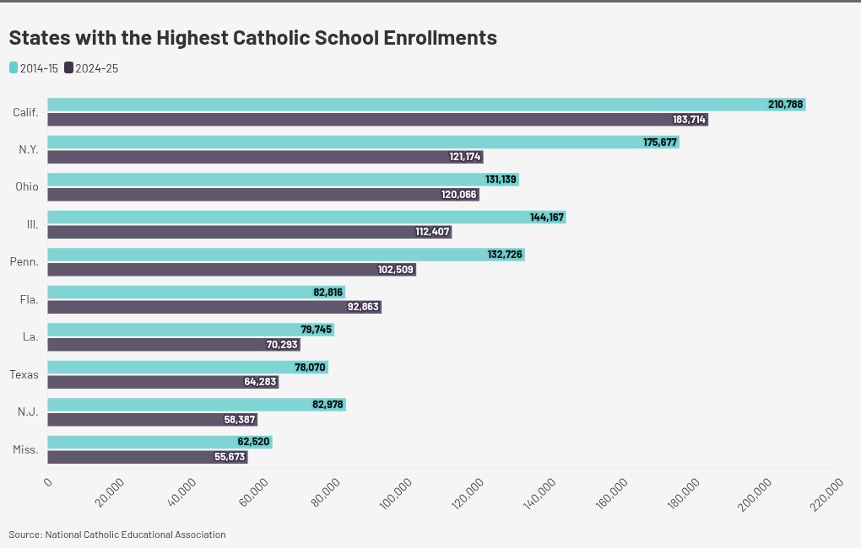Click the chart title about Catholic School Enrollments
252,38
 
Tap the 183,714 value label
689,120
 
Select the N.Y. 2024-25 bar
253,157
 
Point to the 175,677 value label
660,142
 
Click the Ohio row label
27,186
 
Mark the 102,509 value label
396,270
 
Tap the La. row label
30,336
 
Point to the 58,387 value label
240,420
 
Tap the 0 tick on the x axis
49,481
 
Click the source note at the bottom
117,535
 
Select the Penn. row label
24,261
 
